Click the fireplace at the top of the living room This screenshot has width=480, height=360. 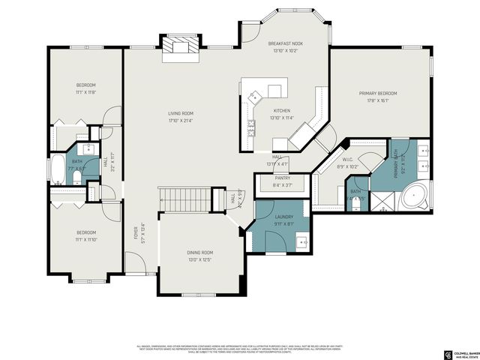tap(181, 48)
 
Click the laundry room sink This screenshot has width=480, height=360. tap(302, 241)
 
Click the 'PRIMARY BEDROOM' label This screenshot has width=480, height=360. tap(377, 93)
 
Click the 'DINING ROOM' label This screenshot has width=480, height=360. tap(199, 253)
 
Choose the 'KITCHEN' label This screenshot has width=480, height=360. tap(281, 111)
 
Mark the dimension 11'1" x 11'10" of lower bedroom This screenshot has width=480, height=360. tap(85, 240)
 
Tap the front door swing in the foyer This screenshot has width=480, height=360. tap(134, 262)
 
